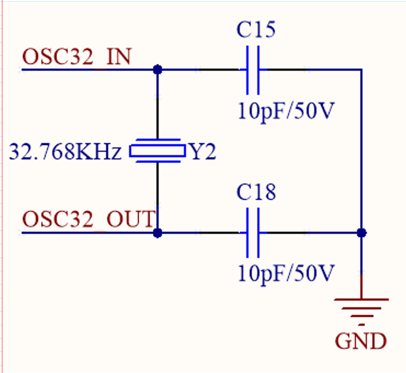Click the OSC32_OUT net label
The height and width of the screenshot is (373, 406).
89,218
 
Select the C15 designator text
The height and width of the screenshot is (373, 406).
256,31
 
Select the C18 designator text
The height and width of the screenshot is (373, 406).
256,193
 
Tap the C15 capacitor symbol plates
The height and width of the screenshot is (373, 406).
253,70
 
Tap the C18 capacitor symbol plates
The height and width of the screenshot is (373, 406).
253,232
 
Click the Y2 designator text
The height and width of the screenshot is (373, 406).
202,152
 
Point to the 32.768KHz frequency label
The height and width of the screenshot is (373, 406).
65,152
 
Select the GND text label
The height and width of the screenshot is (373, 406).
361,342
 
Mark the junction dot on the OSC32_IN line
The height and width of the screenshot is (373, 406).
158,70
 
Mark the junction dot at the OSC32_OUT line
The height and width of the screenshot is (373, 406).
158,232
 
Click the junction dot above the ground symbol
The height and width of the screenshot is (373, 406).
361,232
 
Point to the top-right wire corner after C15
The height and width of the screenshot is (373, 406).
361,70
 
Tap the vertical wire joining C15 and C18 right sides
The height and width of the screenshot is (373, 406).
361,150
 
